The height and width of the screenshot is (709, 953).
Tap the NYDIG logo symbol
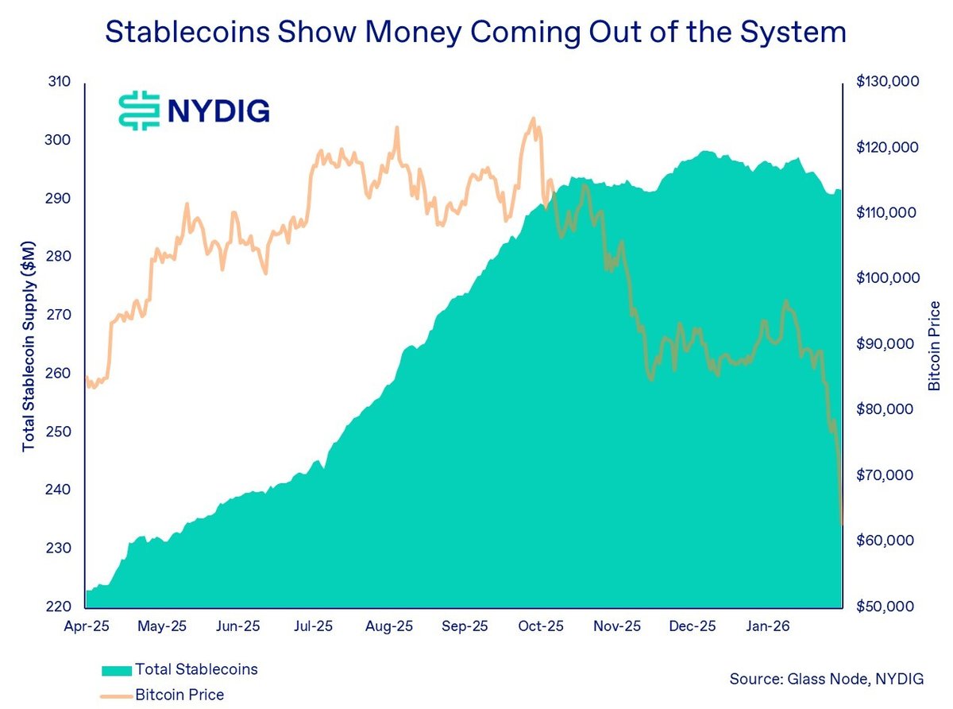tap(139, 110)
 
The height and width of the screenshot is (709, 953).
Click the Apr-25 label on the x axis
tap(86, 626)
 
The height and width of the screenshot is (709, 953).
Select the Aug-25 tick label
tap(389, 626)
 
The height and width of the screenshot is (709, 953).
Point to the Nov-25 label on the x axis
tap(617, 626)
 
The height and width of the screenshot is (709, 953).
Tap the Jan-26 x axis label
tap(768, 626)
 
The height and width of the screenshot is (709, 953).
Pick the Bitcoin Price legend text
tap(179, 695)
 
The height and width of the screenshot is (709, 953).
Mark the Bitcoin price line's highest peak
tap(533, 118)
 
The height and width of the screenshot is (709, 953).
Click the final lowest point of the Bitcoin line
tap(841, 524)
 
